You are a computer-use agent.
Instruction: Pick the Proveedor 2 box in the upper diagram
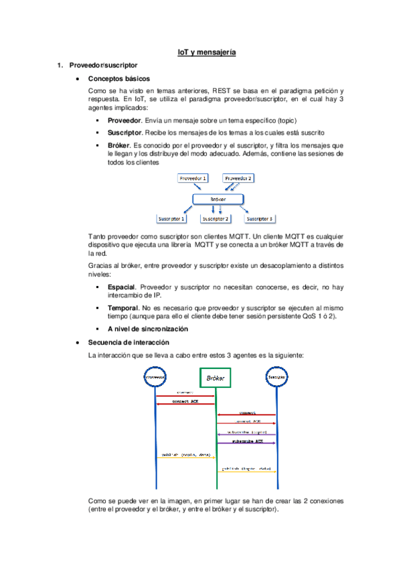[238, 178]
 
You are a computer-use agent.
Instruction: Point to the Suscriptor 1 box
[171, 219]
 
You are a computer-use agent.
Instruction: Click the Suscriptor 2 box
[216, 219]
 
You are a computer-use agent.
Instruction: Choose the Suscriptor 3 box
[260, 219]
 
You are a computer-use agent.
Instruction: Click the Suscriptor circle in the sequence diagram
[277, 377]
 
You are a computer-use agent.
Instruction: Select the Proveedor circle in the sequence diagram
[155, 377]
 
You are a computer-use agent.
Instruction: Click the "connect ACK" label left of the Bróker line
[185, 401]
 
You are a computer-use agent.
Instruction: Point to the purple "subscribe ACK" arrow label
[247, 441]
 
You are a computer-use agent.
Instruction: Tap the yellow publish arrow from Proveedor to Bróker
[185, 457]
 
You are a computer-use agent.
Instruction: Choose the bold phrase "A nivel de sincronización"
[147, 329]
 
